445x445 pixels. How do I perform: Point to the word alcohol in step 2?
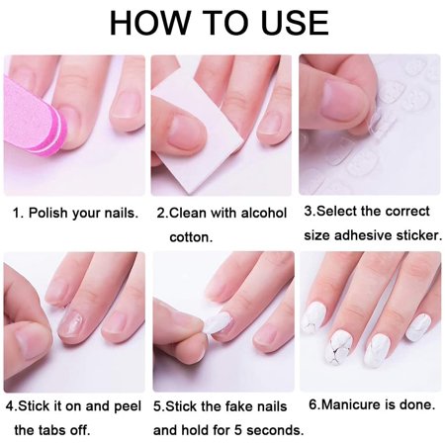point(264,213)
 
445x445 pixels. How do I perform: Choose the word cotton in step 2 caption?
point(191,237)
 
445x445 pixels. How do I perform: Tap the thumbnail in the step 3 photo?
point(343,101)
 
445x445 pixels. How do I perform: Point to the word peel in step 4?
point(128,406)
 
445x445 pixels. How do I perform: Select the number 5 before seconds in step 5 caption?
point(238,430)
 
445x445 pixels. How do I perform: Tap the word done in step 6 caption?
point(417,404)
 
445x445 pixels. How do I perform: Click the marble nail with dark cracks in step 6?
point(343,351)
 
